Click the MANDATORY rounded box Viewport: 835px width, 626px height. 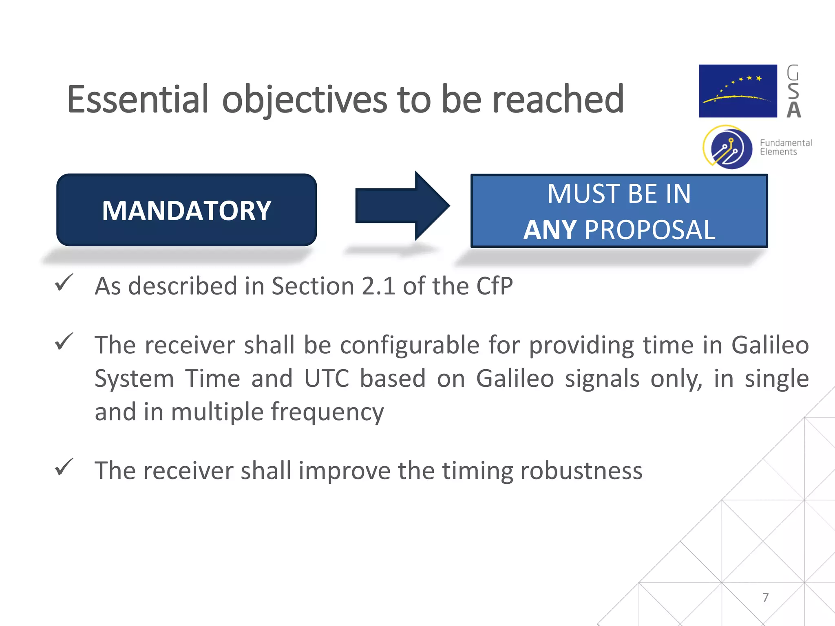click(186, 210)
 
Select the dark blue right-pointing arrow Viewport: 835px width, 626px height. click(402, 206)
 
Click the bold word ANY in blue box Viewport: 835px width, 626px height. click(549, 230)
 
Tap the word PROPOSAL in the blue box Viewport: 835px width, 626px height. click(650, 230)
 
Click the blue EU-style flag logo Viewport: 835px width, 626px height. click(738, 91)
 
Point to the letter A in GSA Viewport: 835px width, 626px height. click(793, 110)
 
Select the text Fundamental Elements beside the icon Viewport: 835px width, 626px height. click(785, 147)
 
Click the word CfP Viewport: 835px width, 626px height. click(494, 286)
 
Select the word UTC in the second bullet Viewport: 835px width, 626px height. click(327, 378)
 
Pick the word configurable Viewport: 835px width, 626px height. click(409, 345)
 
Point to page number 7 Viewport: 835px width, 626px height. click(765, 597)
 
